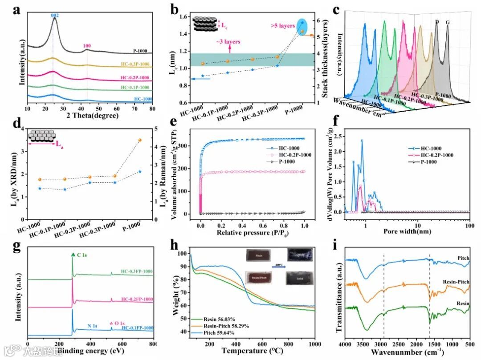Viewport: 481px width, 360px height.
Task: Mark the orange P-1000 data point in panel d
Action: (140, 140)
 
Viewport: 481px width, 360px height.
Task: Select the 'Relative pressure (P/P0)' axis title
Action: (253, 232)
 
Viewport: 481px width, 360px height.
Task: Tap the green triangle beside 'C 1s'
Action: (73, 254)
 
